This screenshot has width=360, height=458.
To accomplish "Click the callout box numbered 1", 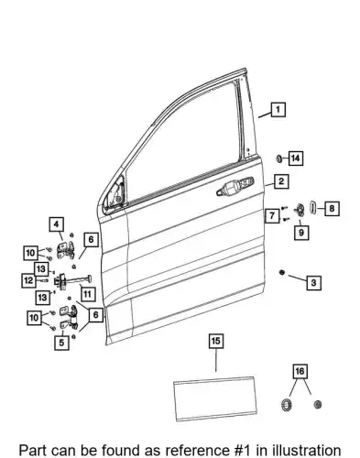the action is tap(278, 110).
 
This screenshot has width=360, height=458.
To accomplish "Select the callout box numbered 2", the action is tap(281, 181).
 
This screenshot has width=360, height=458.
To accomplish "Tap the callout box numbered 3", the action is tap(314, 283).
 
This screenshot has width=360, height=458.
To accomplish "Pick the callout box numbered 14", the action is tap(295, 158).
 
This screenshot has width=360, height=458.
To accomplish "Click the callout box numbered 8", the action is tap(332, 209).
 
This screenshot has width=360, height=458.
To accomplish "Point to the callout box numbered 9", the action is tap(301, 233).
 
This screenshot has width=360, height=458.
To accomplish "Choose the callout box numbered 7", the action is tap(272, 216).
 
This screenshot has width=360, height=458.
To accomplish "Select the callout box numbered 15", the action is tap(216, 341).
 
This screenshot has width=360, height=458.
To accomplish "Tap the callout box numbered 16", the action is tap(300, 371).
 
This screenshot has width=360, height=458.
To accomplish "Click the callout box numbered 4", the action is tap(56, 224).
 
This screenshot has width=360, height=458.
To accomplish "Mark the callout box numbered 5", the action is tap(61, 343).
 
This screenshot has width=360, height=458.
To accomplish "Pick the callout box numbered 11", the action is tap(87, 294).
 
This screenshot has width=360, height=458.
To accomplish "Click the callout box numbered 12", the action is tap(29, 280).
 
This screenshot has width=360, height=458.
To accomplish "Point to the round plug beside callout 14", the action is tap(279, 158).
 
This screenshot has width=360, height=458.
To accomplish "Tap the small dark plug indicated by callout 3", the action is tap(282, 272).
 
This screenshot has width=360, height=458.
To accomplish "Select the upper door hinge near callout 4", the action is tap(66, 250).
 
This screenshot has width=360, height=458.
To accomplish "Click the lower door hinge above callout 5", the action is tap(69, 317).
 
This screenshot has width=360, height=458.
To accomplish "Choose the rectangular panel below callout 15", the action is tap(215, 399).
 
